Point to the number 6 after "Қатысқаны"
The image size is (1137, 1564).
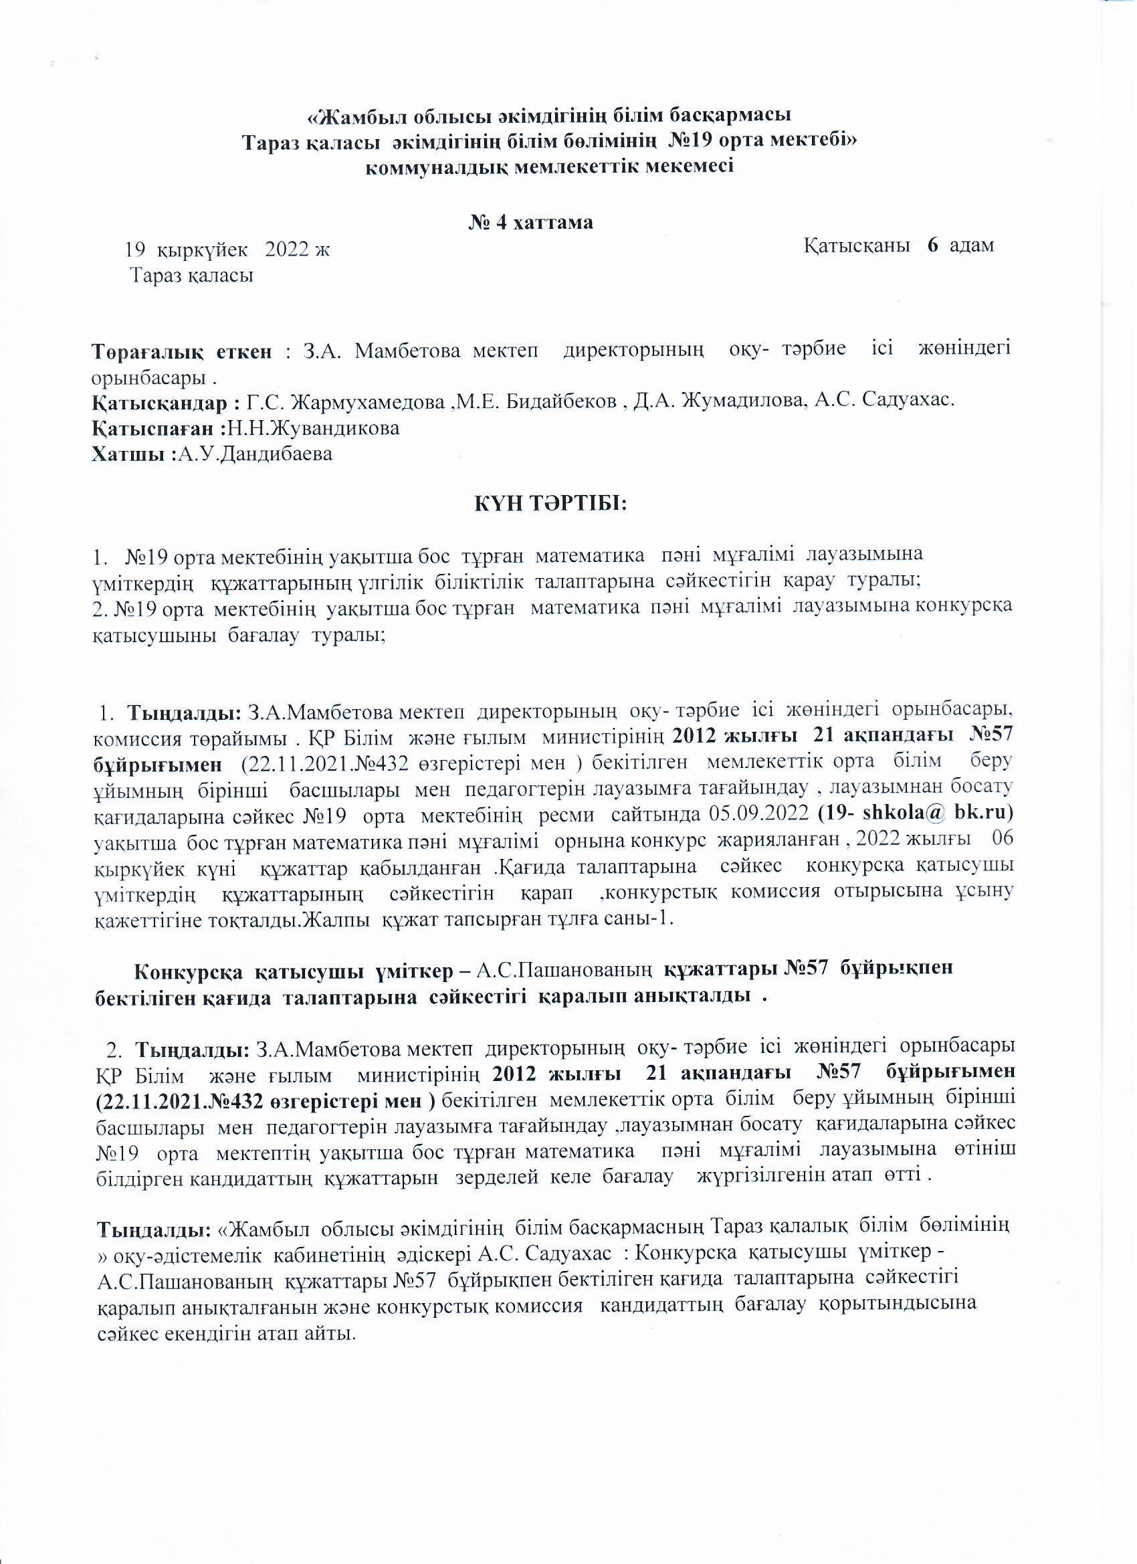[x=932, y=246]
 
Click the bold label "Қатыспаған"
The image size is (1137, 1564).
[x=159, y=428]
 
